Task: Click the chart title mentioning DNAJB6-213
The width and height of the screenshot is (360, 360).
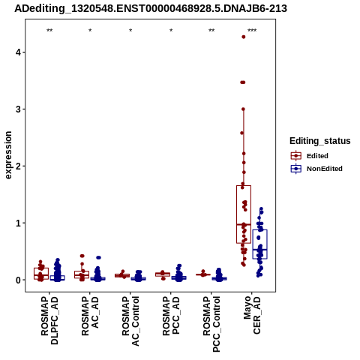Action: pyautogui.click(x=151, y=8)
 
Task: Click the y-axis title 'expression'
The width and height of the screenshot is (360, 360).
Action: pyautogui.click(x=8, y=155)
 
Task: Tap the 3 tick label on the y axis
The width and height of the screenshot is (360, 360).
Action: pyautogui.click(x=19, y=109)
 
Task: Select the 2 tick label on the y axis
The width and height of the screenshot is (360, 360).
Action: pyautogui.click(x=19, y=166)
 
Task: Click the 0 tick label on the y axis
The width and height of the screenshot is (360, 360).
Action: pyautogui.click(x=19, y=280)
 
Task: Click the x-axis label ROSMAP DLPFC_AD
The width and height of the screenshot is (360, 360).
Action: pyautogui.click(x=49, y=320)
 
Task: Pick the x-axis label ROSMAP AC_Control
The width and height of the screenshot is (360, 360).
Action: pyautogui.click(x=130, y=321)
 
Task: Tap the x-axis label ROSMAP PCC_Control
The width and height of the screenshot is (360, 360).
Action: pyautogui.click(x=211, y=324)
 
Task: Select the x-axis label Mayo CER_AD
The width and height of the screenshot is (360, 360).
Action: pyautogui.click(x=252, y=315)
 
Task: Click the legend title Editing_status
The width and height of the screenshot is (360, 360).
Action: pyautogui.click(x=320, y=141)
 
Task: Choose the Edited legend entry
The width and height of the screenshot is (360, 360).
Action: pyautogui.click(x=309, y=156)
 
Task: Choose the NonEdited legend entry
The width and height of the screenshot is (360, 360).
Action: pyautogui.click(x=316, y=169)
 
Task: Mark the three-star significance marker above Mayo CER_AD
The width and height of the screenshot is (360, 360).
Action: pyautogui.click(x=252, y=31)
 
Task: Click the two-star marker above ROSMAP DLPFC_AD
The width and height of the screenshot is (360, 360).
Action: pyautogui.click(x=49, y=31)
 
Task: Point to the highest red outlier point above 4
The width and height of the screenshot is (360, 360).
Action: pyautogui.click(x=244, y=37)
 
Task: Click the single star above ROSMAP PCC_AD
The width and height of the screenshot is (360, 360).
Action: pyautogui.click(x=171, y=31)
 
